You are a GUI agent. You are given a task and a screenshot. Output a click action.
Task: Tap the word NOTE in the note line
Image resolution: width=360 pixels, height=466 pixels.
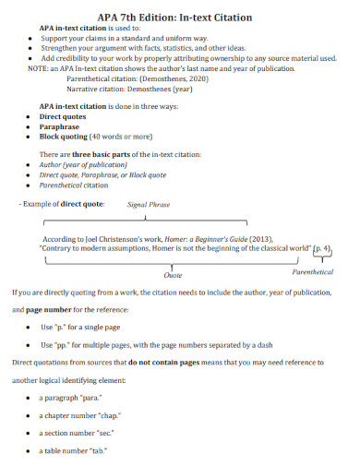[x=39, y=68]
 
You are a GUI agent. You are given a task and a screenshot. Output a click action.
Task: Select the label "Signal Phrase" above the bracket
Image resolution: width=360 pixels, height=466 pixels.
[x=149, y=204]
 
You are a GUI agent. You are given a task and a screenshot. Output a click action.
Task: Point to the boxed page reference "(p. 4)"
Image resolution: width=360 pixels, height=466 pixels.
[x=320, y=248]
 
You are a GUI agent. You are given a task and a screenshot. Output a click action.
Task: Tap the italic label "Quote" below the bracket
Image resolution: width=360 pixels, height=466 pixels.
[x=173, y=275]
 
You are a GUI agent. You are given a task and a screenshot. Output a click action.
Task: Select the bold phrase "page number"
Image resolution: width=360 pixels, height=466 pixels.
[x=51, y=309]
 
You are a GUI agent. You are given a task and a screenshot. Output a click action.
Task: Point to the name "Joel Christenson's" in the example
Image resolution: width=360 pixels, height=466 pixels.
[x=113, y=238]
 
